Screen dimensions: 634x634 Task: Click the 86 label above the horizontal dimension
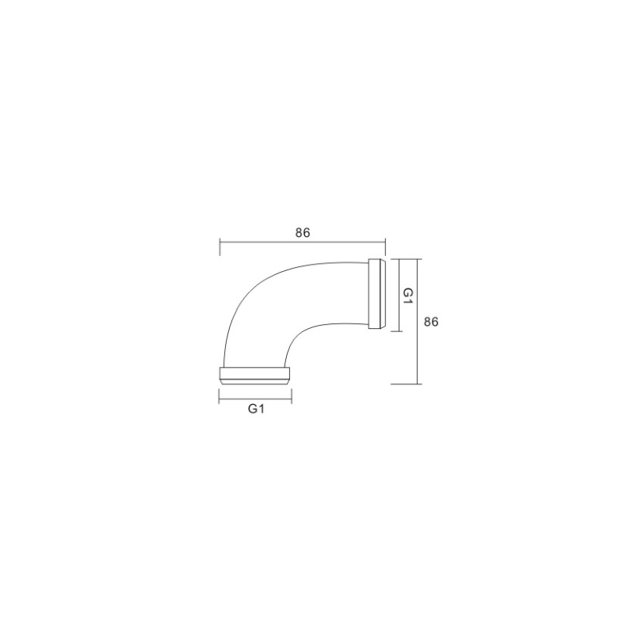(303, 233)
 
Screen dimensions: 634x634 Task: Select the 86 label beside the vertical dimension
(431, 322)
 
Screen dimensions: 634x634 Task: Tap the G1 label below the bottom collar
(256, 409)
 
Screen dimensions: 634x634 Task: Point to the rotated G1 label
(408, 296)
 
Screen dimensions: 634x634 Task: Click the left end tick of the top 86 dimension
(220, 247)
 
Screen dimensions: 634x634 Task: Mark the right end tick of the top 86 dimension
(385, 247)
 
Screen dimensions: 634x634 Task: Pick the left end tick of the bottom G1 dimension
(220, 395)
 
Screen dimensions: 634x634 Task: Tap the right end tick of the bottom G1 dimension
(292, 395)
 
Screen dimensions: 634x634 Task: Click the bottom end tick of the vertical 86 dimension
(407, 384)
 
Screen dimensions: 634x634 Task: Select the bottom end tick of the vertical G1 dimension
(397, 331)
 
